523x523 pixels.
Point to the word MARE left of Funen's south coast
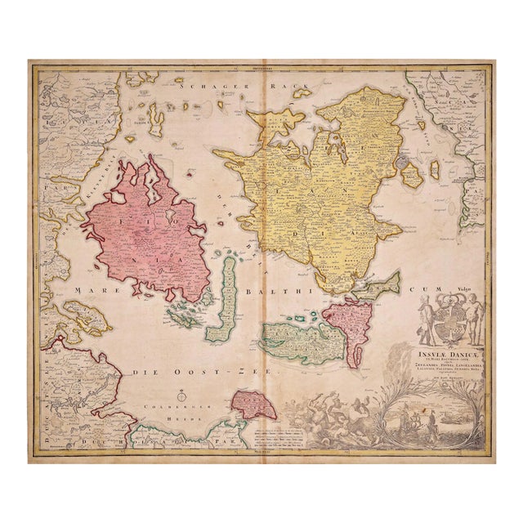[88, 289]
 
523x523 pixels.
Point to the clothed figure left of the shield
[424, 319]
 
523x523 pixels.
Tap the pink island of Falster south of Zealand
[351, 327]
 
